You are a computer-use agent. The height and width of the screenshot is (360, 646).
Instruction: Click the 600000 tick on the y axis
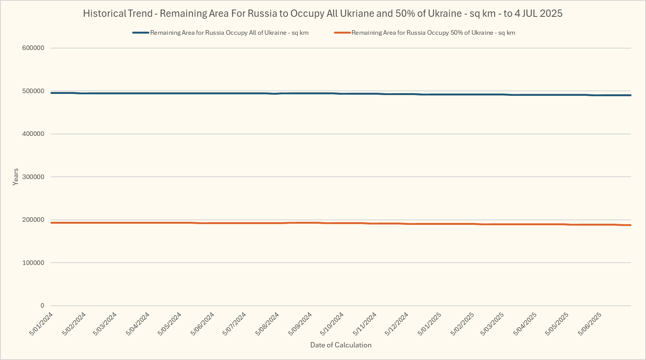(33, 48)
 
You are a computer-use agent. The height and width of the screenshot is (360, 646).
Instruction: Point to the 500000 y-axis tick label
(33, 91)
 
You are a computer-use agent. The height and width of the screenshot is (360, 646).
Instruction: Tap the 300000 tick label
(33, 177)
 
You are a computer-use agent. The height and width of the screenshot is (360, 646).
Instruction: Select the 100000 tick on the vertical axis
(33, 263)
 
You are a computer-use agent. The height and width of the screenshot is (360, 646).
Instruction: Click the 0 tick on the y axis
(42, 306)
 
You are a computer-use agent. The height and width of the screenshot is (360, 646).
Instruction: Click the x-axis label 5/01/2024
(41, 324)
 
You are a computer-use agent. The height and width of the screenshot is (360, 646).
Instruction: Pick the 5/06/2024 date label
(202, 324)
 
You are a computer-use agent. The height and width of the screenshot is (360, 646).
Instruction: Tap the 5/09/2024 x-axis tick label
(300, 324)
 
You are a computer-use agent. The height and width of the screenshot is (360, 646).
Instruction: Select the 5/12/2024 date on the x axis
(397, 324)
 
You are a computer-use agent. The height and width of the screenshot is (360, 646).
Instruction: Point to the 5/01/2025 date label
(429, 324)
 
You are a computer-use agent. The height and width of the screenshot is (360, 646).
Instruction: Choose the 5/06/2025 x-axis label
(590, 324)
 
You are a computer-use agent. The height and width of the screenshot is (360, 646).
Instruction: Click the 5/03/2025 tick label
(492, 324)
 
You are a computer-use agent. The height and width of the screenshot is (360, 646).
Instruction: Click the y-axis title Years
(16, 177)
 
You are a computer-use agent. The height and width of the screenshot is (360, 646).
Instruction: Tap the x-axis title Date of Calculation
(341, 345)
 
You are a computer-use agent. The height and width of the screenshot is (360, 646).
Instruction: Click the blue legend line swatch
(141, 33)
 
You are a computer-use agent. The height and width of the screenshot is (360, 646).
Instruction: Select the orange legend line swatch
(342, 33)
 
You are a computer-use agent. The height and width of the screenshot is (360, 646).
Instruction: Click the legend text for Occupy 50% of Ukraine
(433, 33)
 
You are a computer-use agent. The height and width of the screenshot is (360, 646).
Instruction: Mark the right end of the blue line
(630, 95)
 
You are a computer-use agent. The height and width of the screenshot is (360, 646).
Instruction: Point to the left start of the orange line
(52, 223)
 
